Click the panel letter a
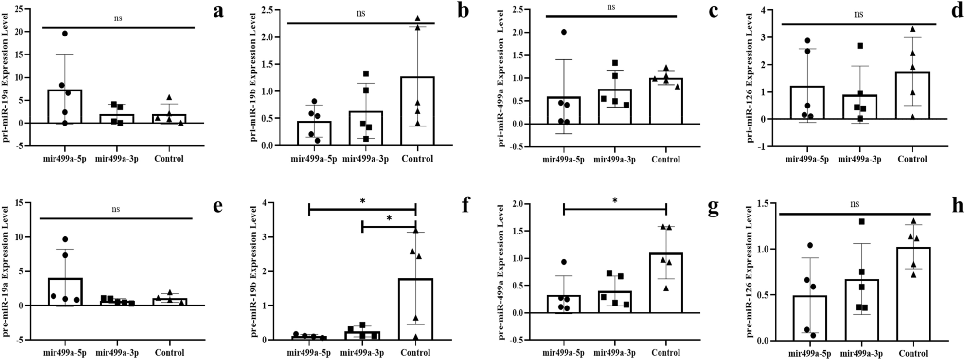[218, 11]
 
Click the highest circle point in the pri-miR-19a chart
[64, 34]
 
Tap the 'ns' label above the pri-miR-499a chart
[611, 7]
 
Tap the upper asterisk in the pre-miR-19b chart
[363, 200]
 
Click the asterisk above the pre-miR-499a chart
[615, 200]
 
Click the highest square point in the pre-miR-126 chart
[862, 222]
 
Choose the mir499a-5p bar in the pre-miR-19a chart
[65, 292]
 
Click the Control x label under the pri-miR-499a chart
[666, 159]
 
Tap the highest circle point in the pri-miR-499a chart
[564, 32]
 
